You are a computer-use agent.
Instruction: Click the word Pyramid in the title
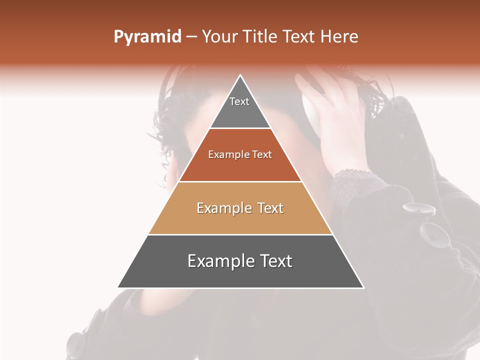click(x=147, y=37)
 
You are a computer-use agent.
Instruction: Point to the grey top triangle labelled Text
click(x=240, y=107)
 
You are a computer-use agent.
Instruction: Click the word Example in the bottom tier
click(x=217, y=261)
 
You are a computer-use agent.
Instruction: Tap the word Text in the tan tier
click(x=267, y=208)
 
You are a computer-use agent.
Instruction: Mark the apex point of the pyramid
click(x=240, y=75)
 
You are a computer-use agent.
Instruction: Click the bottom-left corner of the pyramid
click(x=118, y=287)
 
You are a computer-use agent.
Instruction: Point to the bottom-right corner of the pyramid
click(x=363, y=287)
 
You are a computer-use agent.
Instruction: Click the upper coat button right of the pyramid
click(x=418, y=209)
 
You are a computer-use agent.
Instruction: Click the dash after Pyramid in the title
click(x=191, y=37)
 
